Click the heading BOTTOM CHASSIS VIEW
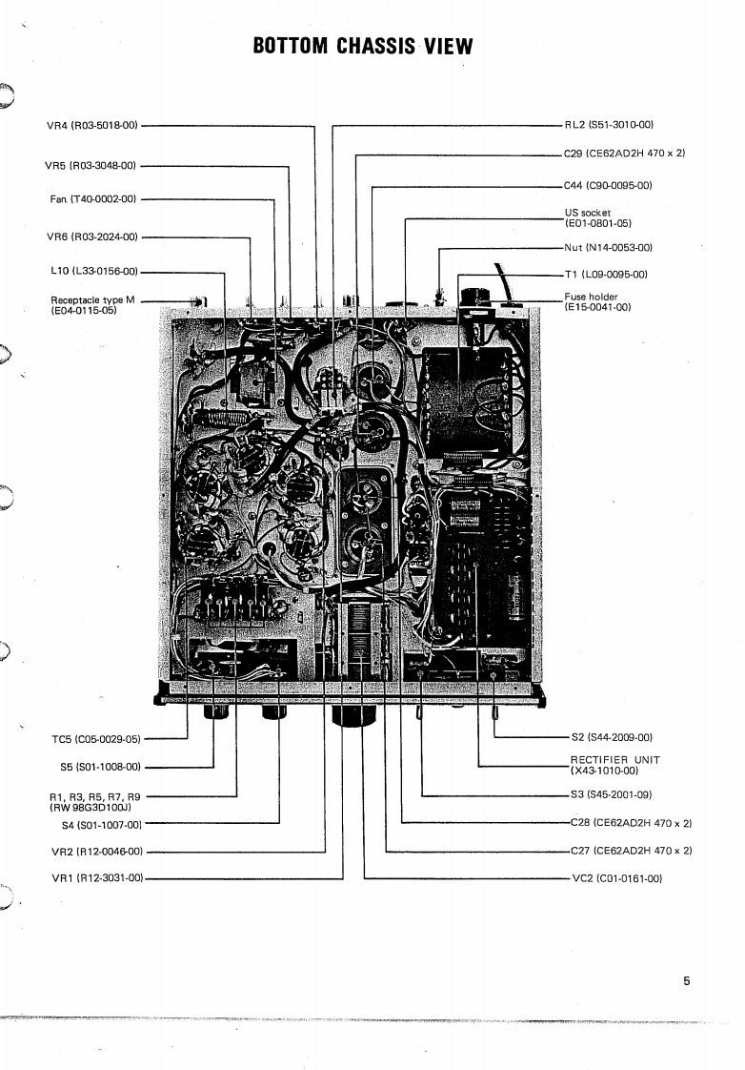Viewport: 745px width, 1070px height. coord(363,47)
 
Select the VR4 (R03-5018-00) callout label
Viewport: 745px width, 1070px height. coord(92,125)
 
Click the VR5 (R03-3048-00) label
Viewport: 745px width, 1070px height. coord(91,165)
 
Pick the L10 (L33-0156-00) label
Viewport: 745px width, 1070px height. coord(93,271)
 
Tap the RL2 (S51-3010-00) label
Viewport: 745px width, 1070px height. coord(609,125)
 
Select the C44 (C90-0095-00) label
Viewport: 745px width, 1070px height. coord(608,185)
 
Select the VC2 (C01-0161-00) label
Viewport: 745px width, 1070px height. coord(615,877)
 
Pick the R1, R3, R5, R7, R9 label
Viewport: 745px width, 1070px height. coord(94,800)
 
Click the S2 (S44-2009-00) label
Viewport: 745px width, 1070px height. coord(611,737)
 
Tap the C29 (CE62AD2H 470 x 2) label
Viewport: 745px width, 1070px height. coord(624,153)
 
